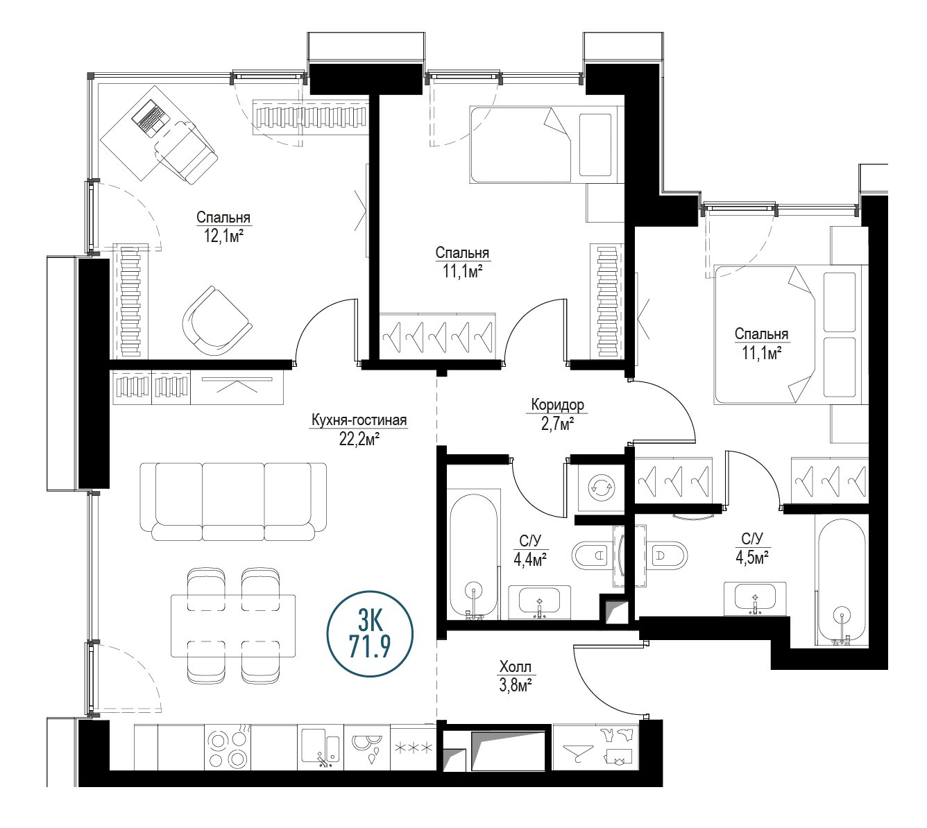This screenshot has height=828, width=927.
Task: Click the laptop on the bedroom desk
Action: tap(151, 118)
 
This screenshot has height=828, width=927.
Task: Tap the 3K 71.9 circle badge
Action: tap(370, 634)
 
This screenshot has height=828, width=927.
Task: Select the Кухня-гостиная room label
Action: tap(359, 420)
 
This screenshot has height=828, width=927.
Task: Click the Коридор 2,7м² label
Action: tap(557, 414)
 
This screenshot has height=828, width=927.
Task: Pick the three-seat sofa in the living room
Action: tap(233, 501)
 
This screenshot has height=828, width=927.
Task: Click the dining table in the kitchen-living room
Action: tap(233, 625)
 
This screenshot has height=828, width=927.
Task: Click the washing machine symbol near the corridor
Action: tap(601, 488)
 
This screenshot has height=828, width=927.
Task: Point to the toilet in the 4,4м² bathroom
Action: tap(592, 555)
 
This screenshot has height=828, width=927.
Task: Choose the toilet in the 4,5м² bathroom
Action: tap(667, 555)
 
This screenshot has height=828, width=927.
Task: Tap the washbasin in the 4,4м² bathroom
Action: tap(539, 601)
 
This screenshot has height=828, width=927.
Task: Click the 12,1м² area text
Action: tap(223, 236)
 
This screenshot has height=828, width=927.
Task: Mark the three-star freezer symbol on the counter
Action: tap(413, 748)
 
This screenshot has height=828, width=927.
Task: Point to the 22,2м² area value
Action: tap(359, 439)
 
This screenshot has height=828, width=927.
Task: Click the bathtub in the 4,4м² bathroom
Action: tap(473, 555)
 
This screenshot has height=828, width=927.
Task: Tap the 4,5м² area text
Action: tap(751, 558)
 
